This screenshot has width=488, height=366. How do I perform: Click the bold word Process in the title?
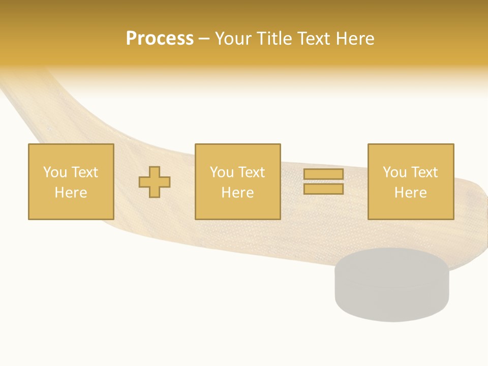(x=160, y=39)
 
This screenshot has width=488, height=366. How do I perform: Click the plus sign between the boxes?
(x=155, y=181)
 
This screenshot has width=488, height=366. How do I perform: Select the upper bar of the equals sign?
(x=323, y=174)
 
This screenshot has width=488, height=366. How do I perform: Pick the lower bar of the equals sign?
(x=323, y=189)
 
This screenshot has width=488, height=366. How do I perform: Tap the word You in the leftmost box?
(x=55, y=172)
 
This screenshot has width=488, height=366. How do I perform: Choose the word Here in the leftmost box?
(x=71, y=193)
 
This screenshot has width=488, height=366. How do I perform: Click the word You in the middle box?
(x=222, y=172)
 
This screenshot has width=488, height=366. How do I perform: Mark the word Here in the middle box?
(x=237, y=193)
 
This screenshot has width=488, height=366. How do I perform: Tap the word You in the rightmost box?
(x=394, y=172)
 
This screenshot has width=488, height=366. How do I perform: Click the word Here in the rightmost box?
(x=410, y=193)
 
